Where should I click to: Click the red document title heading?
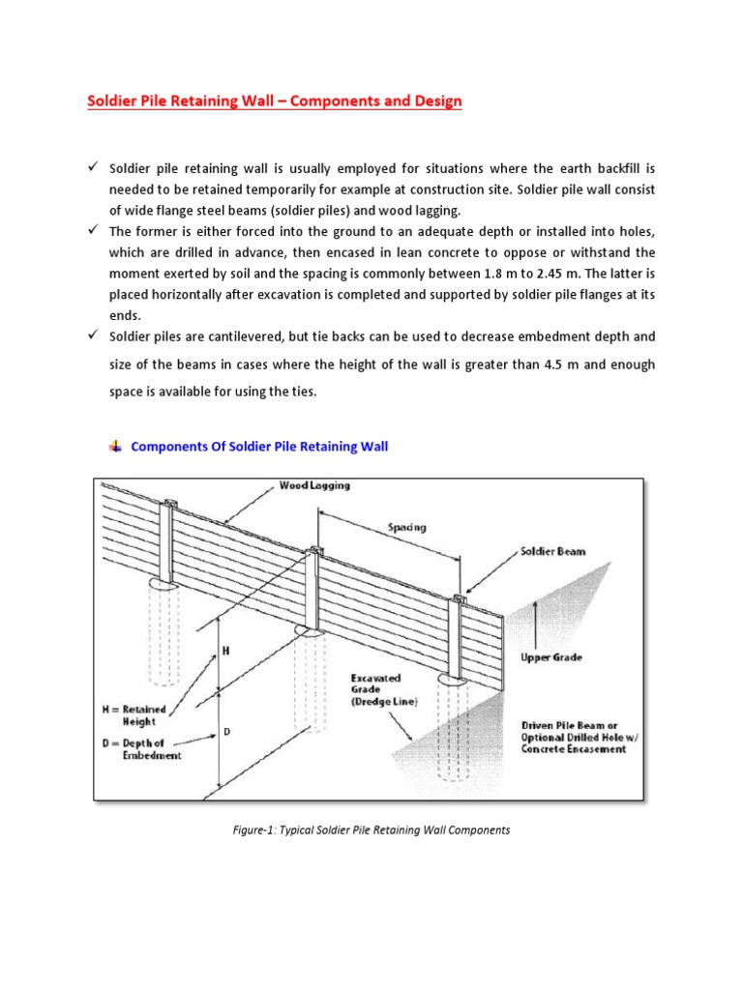click(x=276, y=101)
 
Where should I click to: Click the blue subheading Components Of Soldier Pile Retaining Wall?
click(x=258, y=446)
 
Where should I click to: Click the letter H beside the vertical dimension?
click(x=226, y=652)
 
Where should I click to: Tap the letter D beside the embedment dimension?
click(x=227, y=733)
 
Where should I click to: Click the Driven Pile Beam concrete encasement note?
click(x=573, y=737)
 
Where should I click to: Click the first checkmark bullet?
click(x=93, y=168)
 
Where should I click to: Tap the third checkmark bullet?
click(x=93, y=335)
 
